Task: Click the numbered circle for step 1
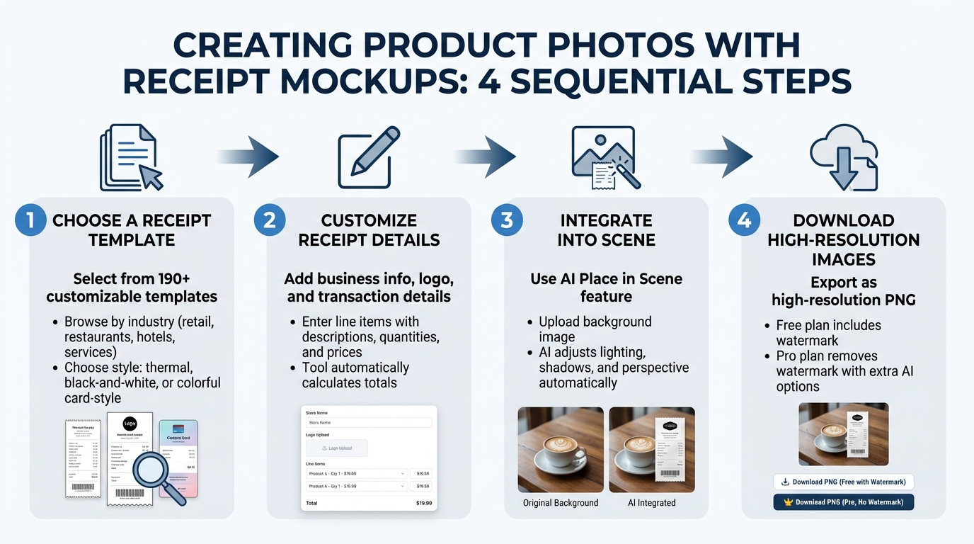[30, 220]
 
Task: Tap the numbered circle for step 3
[507, 220]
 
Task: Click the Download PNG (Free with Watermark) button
[843, 482]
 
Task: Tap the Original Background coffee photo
[561, 450]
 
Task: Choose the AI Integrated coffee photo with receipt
[651, 450]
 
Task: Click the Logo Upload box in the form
[337, 448]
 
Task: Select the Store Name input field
[369, 423]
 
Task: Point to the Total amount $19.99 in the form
[423, 503]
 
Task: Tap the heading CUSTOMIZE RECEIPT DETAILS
[369, 229]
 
